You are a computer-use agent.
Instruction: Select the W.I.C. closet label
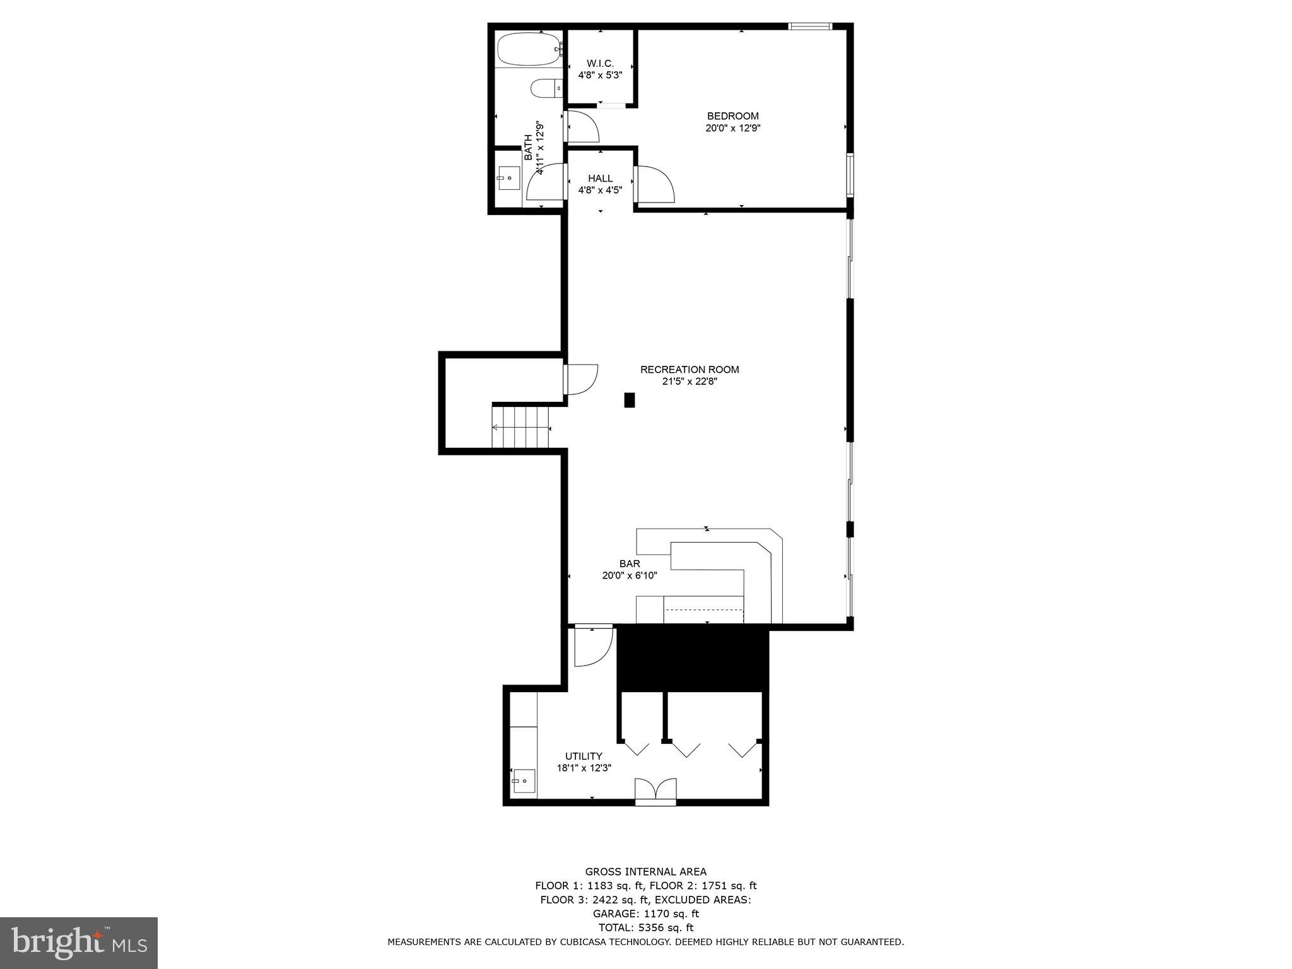[600, 63]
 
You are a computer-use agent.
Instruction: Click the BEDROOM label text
[732, 116]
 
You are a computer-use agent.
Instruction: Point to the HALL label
[600, 179]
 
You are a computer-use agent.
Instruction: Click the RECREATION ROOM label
[689, 370]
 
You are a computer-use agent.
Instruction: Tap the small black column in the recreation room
[629, 400]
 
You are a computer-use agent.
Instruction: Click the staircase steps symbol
[521, 427]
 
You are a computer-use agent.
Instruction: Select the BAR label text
[629, 563]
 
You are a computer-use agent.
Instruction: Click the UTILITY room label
[583, 756]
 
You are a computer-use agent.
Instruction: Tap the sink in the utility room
[524, 780]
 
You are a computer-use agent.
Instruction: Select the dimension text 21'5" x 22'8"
[689, 381]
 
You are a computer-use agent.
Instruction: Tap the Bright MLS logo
[78, 943]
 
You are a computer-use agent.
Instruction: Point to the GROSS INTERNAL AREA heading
[645, 872]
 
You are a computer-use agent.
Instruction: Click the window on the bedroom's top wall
[810, 26]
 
